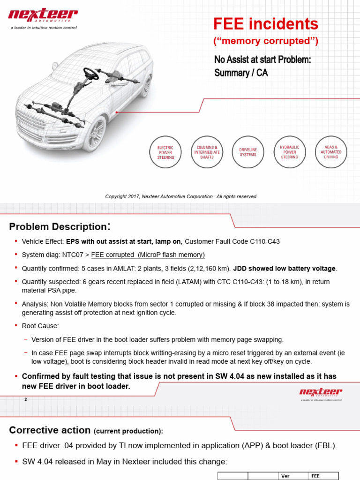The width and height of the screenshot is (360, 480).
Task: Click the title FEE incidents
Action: pos(265,24)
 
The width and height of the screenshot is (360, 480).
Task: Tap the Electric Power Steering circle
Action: pos(165,152)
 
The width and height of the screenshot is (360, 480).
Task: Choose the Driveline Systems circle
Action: pos(248,152)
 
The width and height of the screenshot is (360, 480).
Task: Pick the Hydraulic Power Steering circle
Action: pos(289,152)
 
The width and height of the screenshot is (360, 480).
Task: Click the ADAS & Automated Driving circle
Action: pos(331,152)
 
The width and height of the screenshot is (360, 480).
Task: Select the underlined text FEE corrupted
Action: pos(148,255)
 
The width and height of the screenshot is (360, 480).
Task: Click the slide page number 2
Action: pos(26,399)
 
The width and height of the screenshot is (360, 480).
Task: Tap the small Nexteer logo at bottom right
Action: pos(321,394)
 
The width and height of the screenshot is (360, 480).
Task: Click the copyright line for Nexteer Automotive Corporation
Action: pos(181,196)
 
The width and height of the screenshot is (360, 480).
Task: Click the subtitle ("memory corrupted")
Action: pos(266,42)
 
